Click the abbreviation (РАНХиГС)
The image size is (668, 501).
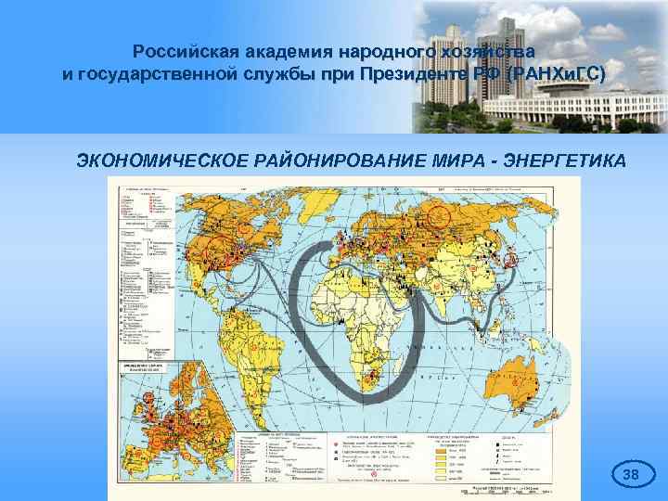[x=555, y=73]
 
